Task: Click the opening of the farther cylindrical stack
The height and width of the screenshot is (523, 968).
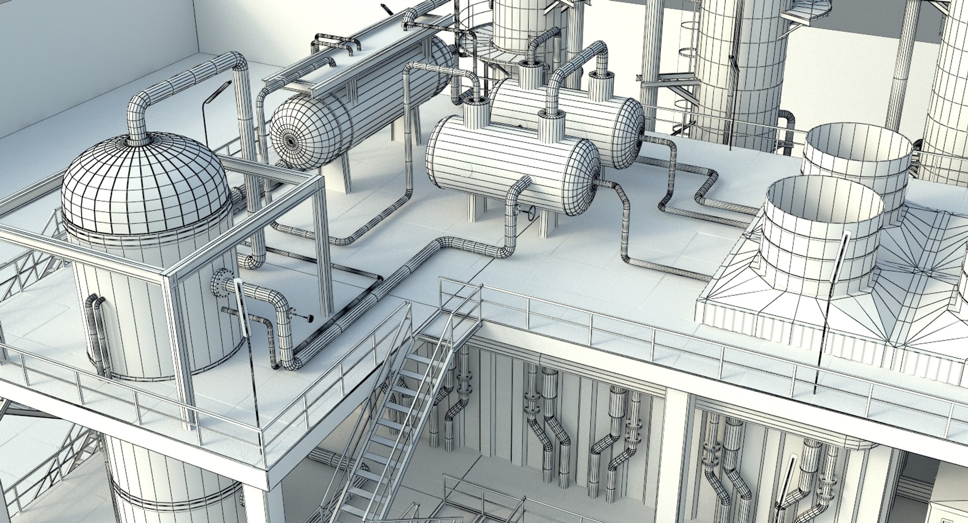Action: coord(857,146)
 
